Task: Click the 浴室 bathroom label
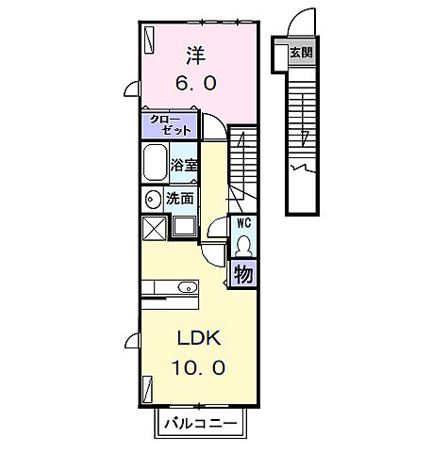pos(183,166)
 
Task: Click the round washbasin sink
pos(152,200)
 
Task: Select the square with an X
pos(154,228)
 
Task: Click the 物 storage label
pos(242,274)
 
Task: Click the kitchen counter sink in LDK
pos(185,287)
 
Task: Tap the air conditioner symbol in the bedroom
pos(149,38)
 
